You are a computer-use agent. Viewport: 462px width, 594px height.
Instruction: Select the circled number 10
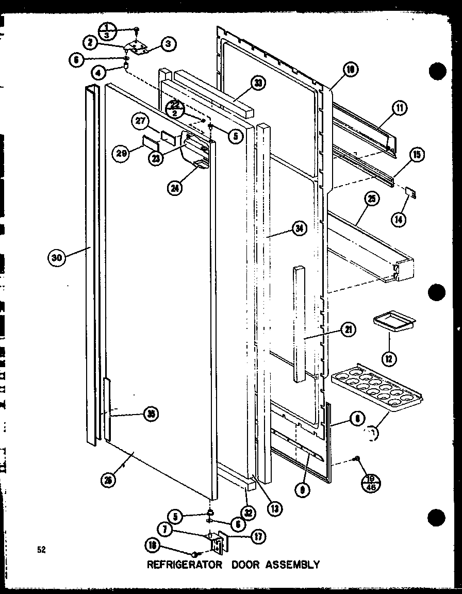[x=351, y=70]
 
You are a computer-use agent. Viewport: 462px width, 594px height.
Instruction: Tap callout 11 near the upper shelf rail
[x=399, y=108]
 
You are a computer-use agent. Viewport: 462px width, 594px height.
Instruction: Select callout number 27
[x=140, y=122]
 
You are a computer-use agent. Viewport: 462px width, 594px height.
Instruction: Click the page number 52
[x=41, y=550]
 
